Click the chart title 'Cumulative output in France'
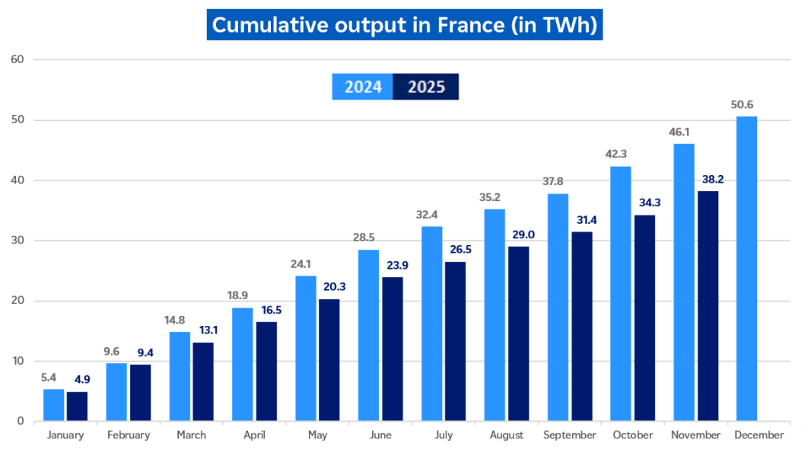(405, 25)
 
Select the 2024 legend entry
(363, 87)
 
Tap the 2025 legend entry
(426, 87)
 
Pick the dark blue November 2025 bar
(708, 305)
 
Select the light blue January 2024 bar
(53, 404)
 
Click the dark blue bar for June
(393, 349)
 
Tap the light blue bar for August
(495, 314)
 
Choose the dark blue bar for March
(203, 381)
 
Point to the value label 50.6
(746, 105)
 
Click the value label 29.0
(519, 235)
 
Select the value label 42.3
(621, 155)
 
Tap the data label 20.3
(329, 287)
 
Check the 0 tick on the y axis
(20, 421)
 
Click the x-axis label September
(570, 435)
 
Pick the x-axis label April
(254, 435)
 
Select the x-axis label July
(444, 435)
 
